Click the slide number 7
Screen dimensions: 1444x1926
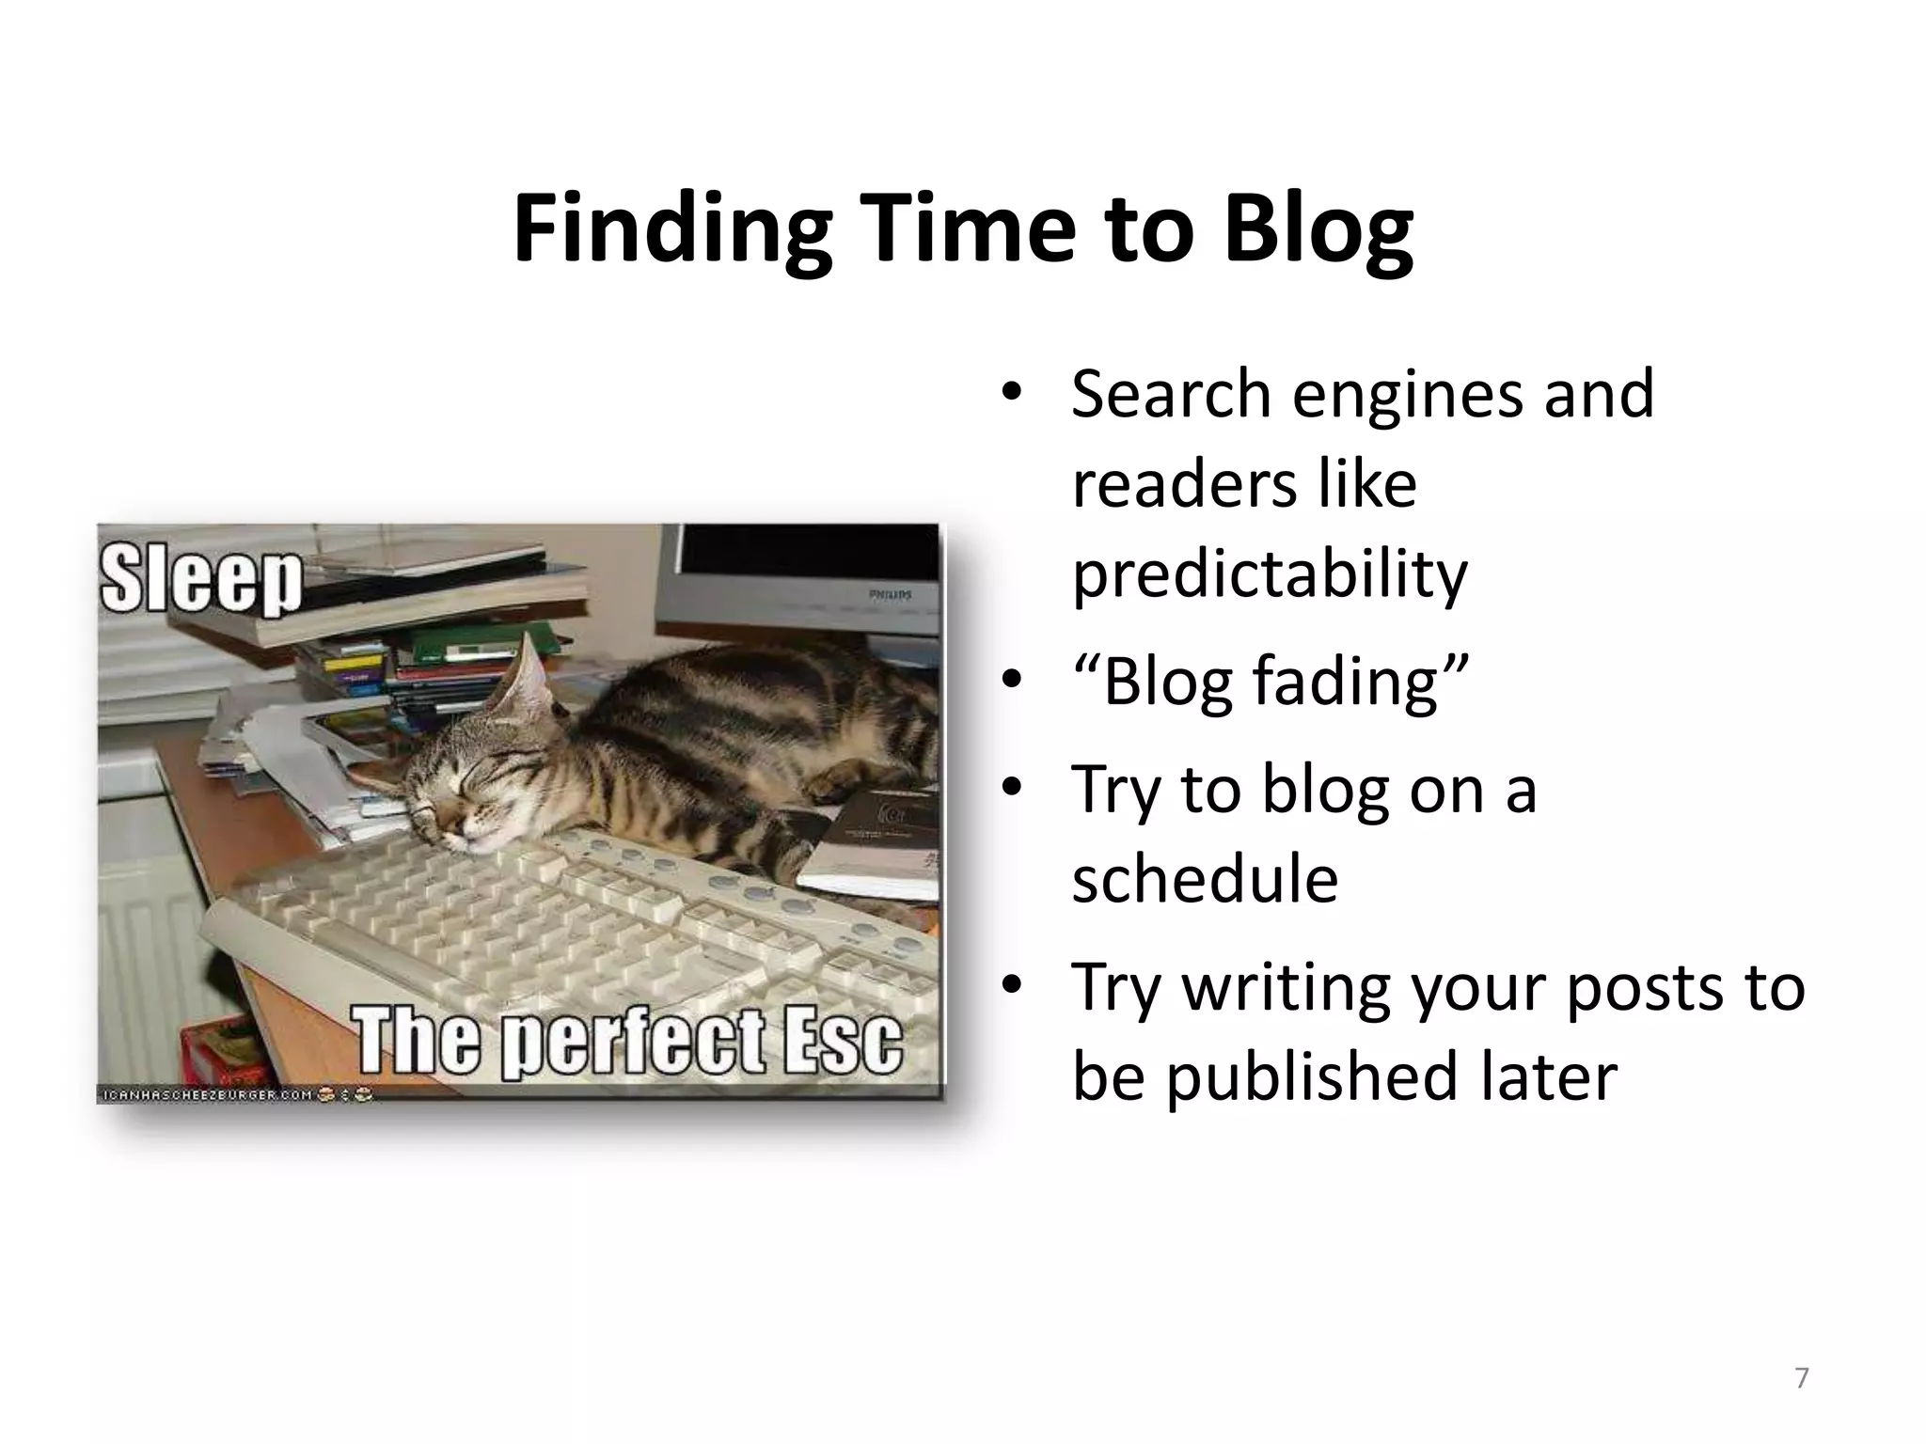(x=1801, y=1378)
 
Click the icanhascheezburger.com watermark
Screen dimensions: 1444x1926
(x=207, y=1094)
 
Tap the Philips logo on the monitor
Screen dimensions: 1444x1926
(x=890, y=595)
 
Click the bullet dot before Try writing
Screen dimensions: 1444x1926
(x=1011, y=986)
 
